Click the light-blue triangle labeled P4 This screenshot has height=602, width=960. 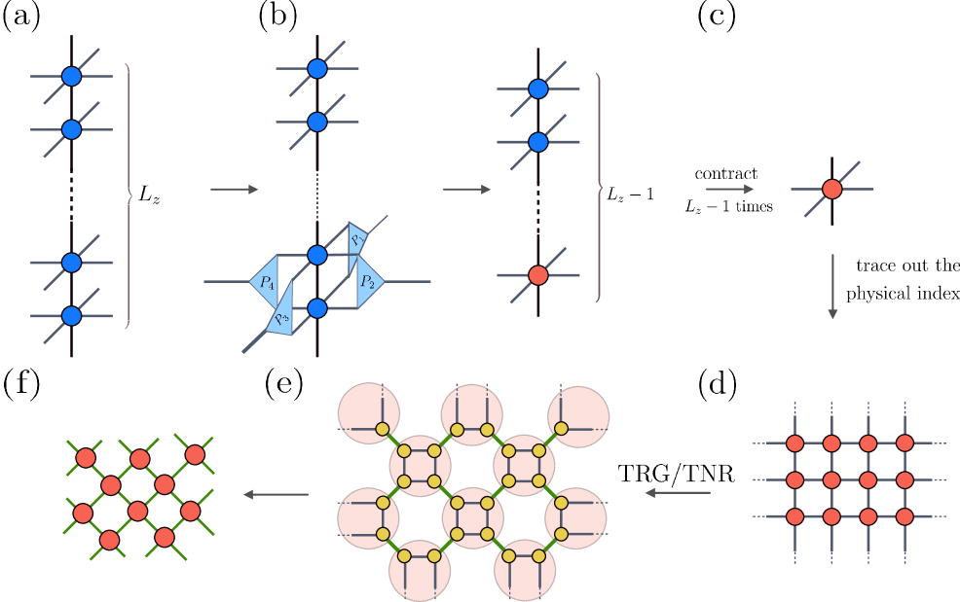click(x=264, y=281)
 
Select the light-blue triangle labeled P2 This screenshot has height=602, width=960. click(x=368, y=281)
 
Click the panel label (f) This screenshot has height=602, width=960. click(x=21, y=384)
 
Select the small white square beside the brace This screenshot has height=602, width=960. click(x=148, y=195)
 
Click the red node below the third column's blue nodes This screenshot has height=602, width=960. click(x=537, y=275)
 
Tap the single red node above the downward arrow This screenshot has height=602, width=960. click(x=831, y=189)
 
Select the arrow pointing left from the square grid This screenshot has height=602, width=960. click(x=678, y=493)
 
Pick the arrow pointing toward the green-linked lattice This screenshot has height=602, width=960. click(x=276, y=494)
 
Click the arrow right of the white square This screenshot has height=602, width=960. click(x=235, y=189)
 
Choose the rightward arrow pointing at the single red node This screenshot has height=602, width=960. click(x=729, y=189)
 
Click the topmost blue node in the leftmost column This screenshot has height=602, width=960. click(x=71, y=75)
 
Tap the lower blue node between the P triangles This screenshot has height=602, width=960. click(x=316, y=308)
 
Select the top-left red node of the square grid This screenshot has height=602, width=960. click(x=794, y=443)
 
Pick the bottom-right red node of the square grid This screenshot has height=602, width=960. click(x=905, y=516)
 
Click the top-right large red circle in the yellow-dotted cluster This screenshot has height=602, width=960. click(x=578, y=415)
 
